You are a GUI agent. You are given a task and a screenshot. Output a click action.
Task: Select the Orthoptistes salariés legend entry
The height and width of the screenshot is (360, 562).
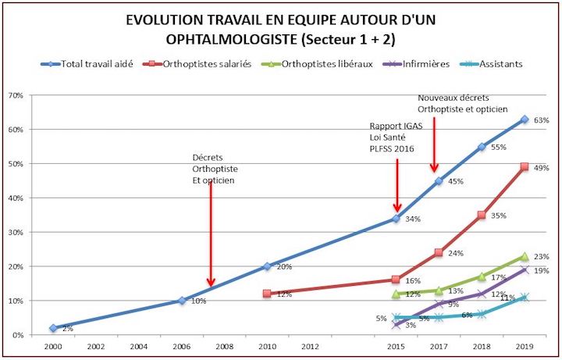[215, 64]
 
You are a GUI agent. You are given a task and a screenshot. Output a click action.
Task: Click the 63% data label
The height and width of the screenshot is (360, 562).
[541, 120]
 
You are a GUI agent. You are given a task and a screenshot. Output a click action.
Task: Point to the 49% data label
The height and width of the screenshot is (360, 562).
[541, 168]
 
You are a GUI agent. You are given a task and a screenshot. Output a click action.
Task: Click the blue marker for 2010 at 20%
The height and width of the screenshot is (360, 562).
[267, 266]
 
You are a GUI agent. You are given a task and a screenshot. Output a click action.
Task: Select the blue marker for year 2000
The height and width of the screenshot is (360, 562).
[52, 328]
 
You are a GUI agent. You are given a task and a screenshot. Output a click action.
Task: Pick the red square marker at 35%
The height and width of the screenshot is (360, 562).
[482, 215]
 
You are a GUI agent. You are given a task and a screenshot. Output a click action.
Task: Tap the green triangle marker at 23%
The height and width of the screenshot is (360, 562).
[525, 256]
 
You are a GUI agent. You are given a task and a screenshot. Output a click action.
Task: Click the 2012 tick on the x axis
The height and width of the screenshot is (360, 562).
[310, 346]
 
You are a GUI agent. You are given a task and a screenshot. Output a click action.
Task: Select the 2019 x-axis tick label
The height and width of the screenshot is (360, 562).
[525, 346]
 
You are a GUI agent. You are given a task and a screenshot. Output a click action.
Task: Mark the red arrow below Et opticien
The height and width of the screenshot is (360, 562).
[210, 234]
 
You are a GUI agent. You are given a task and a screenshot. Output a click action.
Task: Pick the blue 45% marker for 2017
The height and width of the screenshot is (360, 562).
[439, 181]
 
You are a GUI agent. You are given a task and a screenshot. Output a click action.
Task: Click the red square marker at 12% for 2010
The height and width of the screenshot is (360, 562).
[267, 294]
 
